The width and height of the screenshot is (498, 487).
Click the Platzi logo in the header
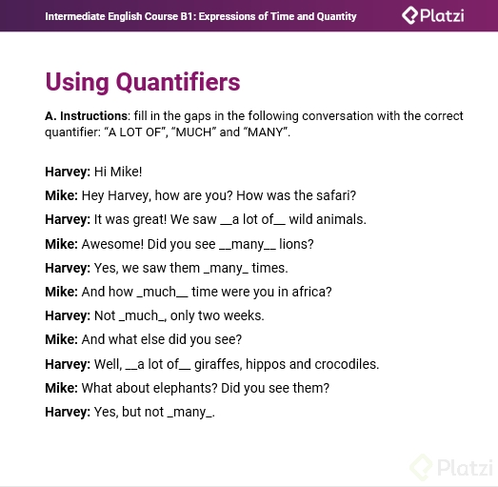[x=433, y=15]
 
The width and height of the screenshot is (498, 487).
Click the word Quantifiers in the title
[x=178, y=82]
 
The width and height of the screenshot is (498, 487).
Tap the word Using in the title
[x=77, y=83]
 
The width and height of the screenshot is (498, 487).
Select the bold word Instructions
[x=94, y=116]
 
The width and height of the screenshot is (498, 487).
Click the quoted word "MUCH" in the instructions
[x=193, y=132]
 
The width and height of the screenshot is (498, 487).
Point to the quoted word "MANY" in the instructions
[x=266, y=132]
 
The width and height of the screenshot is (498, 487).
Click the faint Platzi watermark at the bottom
[x=451, y=468]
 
